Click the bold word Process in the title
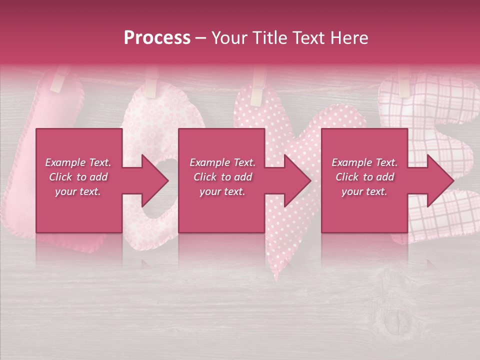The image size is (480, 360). [157, 38]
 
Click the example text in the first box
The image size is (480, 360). [78, 177]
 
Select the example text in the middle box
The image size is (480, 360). [222, 177]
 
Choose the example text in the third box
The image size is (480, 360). [364, 177]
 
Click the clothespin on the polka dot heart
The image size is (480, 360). [258, 88]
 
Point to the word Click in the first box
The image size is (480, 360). [61, 177]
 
